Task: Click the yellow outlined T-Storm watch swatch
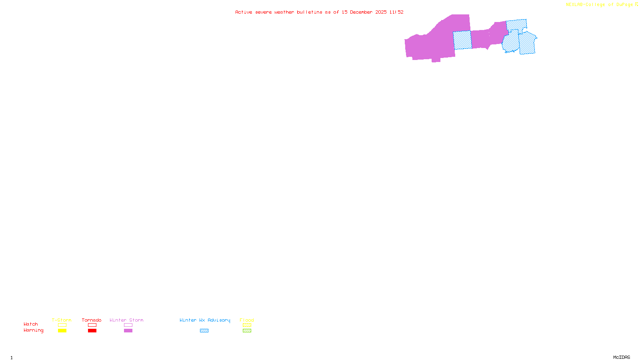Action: point(62,325)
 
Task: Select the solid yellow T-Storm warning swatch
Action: point(62,331)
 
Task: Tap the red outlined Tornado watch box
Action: point(92,325)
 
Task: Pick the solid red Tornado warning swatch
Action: point(92,331)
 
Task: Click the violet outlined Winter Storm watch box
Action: point(128,325)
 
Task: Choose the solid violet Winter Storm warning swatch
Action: point(128,331)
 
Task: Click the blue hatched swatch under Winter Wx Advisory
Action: point(204,331)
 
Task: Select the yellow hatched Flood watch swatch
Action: point(247,325)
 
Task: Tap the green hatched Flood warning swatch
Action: point(247,331)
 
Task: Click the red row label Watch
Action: point(31,324)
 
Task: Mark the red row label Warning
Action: point(33,330)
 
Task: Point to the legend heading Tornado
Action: point(92,320)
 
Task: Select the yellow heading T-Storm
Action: point(62,320)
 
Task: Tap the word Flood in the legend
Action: point(247,320)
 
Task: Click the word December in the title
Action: point(361,12)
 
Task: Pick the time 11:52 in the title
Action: point(396,12)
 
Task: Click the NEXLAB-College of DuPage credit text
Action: point(600,5)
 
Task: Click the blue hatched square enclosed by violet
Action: point(462,40)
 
